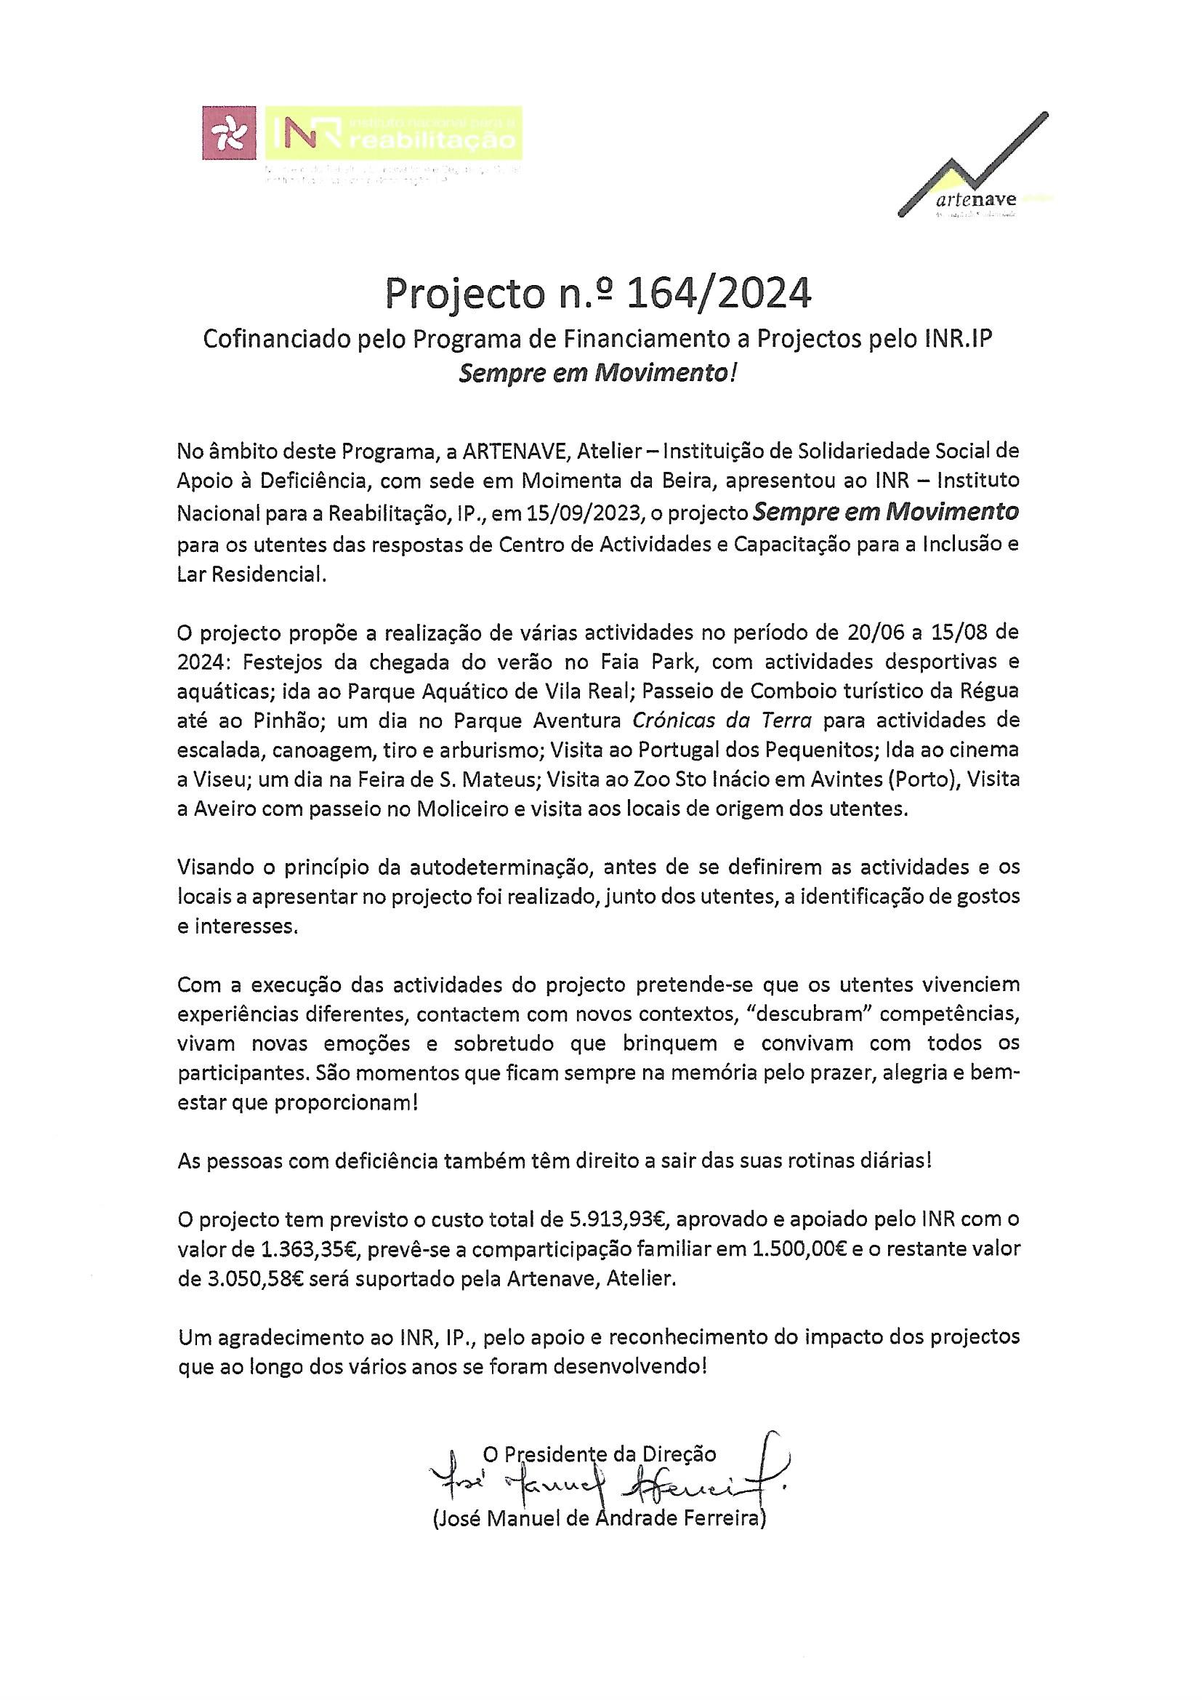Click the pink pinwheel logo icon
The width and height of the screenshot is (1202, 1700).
tap(230, 133)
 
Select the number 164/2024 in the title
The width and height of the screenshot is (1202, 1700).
tap(719, 294)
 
